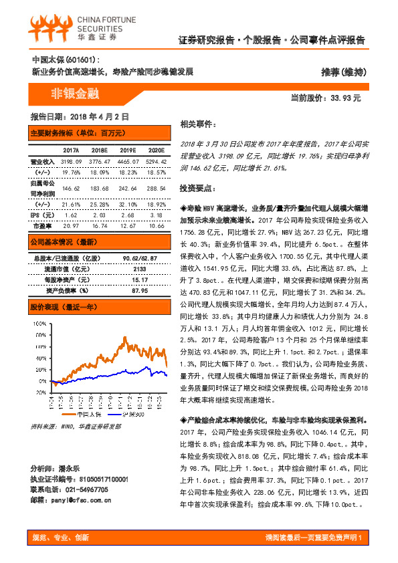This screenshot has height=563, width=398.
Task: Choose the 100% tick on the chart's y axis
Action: tap(38, 323)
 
